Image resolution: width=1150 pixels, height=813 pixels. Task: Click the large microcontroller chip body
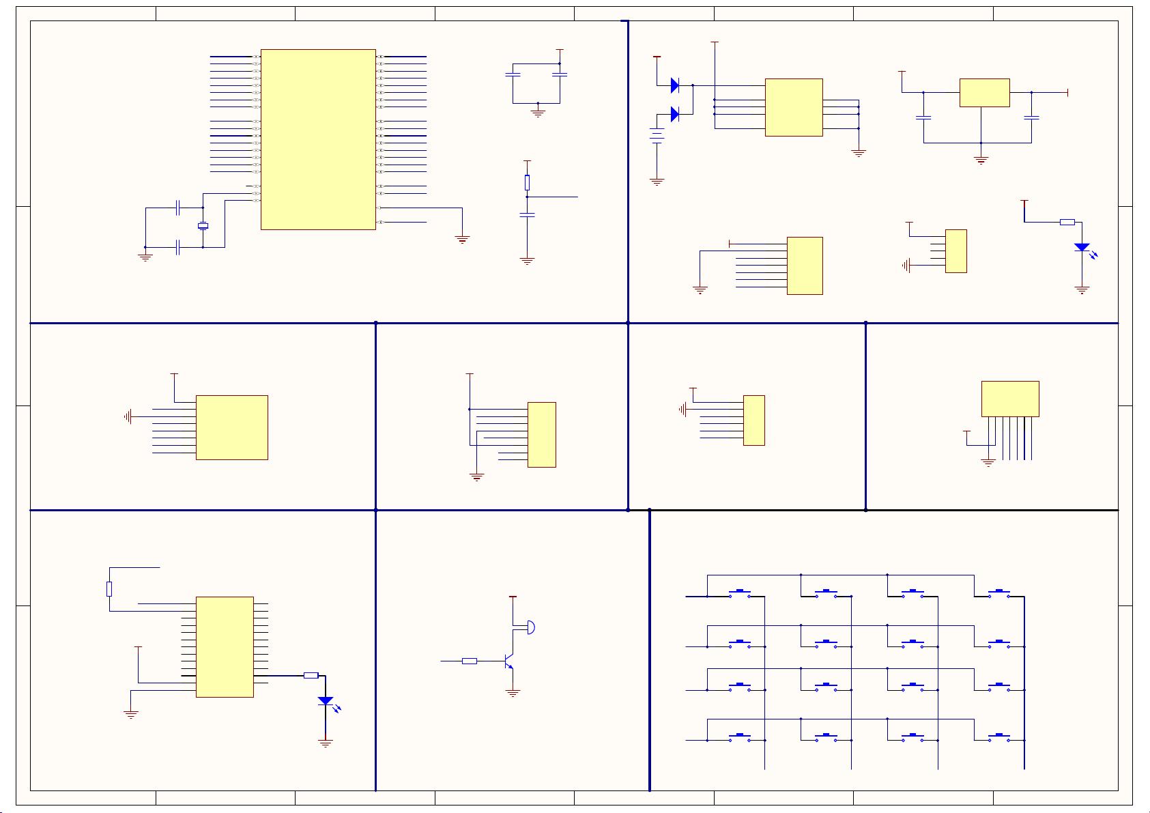point(318,139)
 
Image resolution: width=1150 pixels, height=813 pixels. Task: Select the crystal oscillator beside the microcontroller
point(203,226)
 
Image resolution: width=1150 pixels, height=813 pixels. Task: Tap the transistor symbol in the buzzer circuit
point(508,661)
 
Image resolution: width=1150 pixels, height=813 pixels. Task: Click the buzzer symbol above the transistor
point(530,627)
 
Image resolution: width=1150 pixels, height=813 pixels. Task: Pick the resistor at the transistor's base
point(470,661)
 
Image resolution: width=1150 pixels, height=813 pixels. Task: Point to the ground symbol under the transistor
point(513,693)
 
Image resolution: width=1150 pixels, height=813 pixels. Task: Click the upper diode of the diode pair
point(674,85)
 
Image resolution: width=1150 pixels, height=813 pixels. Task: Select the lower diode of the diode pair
point(674,114)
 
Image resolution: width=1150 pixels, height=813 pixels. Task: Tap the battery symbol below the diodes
point(657,136)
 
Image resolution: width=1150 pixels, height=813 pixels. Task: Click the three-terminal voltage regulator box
point(984,92)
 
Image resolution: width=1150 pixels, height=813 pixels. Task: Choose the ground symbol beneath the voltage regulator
point(981,160)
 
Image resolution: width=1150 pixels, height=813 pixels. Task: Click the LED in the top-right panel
point(1082,247)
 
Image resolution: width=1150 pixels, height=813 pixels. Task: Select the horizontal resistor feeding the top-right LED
point(1067,222)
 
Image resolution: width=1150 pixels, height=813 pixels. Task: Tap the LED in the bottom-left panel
point(326,701)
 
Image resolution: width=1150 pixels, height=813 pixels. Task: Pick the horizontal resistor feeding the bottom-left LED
point(311,675)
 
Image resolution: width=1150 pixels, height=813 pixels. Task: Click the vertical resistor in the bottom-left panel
point(109,589)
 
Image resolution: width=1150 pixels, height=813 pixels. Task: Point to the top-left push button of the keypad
point(740,593)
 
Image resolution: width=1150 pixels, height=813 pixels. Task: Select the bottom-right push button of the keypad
point(999,737)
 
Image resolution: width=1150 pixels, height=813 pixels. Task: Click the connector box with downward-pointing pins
point(1010,399)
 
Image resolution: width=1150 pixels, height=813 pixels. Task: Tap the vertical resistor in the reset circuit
point(527,182)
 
